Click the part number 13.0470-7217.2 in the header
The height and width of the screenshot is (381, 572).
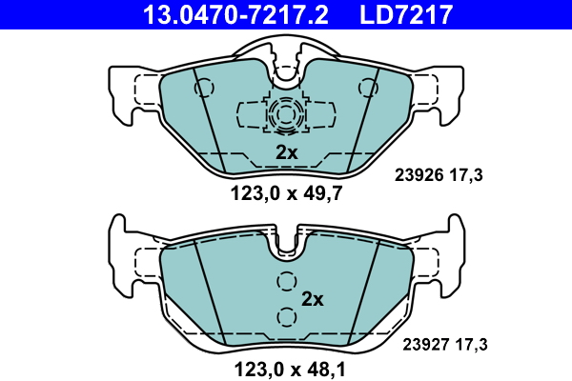[235, 15]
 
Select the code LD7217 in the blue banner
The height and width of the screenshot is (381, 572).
[406, 15]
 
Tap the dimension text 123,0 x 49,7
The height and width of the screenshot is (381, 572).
[286, 193]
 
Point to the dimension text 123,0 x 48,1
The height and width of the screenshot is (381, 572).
[290, 370]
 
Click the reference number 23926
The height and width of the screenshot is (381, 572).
[419, 175]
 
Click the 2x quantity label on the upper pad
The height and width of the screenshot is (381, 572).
[286, 152]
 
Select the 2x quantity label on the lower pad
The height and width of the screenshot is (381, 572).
[313, 299]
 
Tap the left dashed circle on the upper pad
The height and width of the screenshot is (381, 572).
[204, 88]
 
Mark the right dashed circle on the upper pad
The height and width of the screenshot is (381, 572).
[368, 88]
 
